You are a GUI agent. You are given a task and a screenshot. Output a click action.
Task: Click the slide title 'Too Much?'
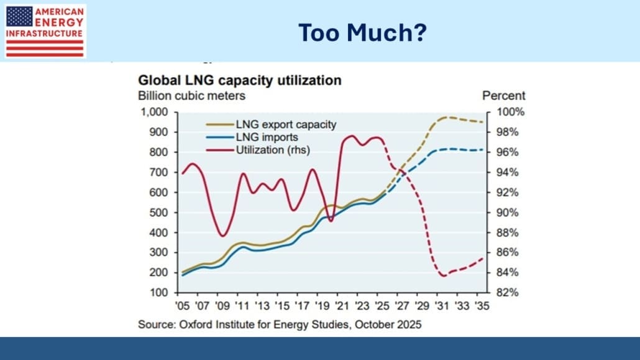(x=362, y=32)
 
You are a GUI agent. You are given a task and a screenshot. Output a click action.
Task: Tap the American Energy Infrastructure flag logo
(x=45, y=31)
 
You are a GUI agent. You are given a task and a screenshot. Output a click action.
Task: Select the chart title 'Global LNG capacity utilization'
(x=239, y=80)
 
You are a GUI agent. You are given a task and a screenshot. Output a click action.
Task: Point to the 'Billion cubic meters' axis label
(x=191, y=96)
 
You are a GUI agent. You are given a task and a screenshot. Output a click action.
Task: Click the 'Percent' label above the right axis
(x=503, y=96)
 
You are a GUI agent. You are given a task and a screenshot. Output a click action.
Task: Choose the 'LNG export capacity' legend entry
(x=286, y=124)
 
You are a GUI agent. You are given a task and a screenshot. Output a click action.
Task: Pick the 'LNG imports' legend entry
(x=267, y=137)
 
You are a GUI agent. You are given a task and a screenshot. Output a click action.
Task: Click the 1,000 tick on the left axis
(x=155, y=113)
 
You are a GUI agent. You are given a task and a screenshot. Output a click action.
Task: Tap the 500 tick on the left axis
(x=160, y=213)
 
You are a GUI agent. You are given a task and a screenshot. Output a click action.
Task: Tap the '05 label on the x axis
(x=182, y=307)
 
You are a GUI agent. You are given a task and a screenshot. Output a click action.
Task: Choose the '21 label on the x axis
(x=341, y=307)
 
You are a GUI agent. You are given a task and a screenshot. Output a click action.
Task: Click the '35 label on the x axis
(x=481, y=307)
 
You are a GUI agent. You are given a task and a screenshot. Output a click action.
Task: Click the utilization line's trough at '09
(x=222, y=236)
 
